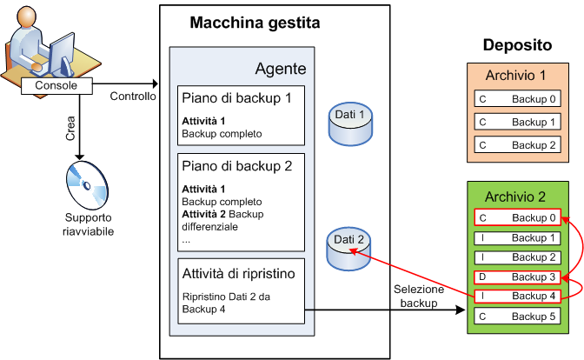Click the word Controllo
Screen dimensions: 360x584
point(133,97)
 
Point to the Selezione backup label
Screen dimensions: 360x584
point(418,297)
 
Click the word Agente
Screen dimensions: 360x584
point(281,68)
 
